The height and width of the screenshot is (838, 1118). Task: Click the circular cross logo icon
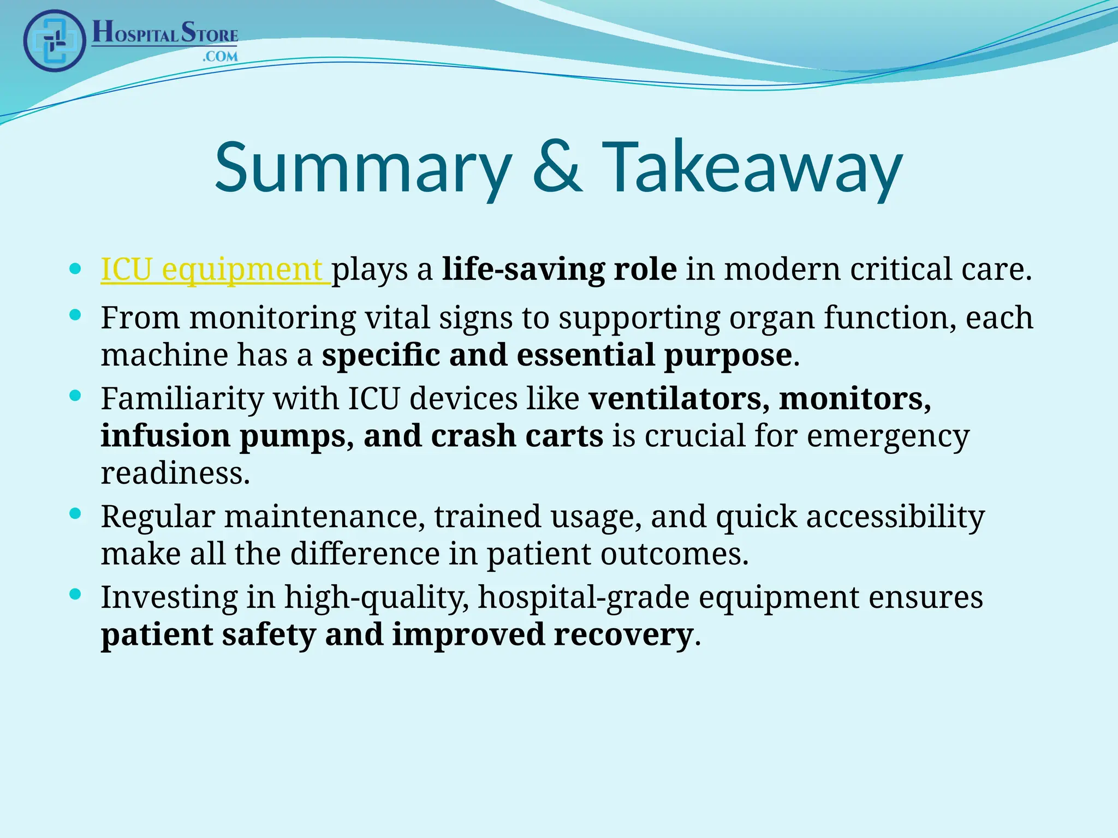[x=55, y=41]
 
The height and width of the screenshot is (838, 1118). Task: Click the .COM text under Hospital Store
[x=220, y=56]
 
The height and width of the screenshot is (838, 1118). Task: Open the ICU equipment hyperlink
[x=214, y=270]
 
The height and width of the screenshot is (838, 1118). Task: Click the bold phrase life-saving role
[x=560, y=270]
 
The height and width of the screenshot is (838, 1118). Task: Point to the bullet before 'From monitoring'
[x=76, y=315]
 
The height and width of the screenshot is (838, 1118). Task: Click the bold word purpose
[x=728, y=355]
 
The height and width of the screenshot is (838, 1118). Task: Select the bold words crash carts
[x=517, y=436]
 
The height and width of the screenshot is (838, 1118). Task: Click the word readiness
[x=175, y=473]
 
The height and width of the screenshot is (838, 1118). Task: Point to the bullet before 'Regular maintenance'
[x=76, y=513]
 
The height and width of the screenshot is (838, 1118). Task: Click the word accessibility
[x=895, y=517]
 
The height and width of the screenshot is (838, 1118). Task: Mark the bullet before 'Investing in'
[x=76, y=594]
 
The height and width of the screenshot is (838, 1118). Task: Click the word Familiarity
[x=182, y=398]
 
